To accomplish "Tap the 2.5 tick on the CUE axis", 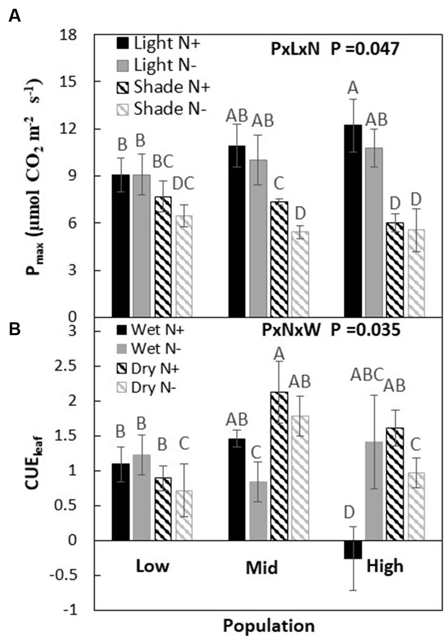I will (x=70, y=366).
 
